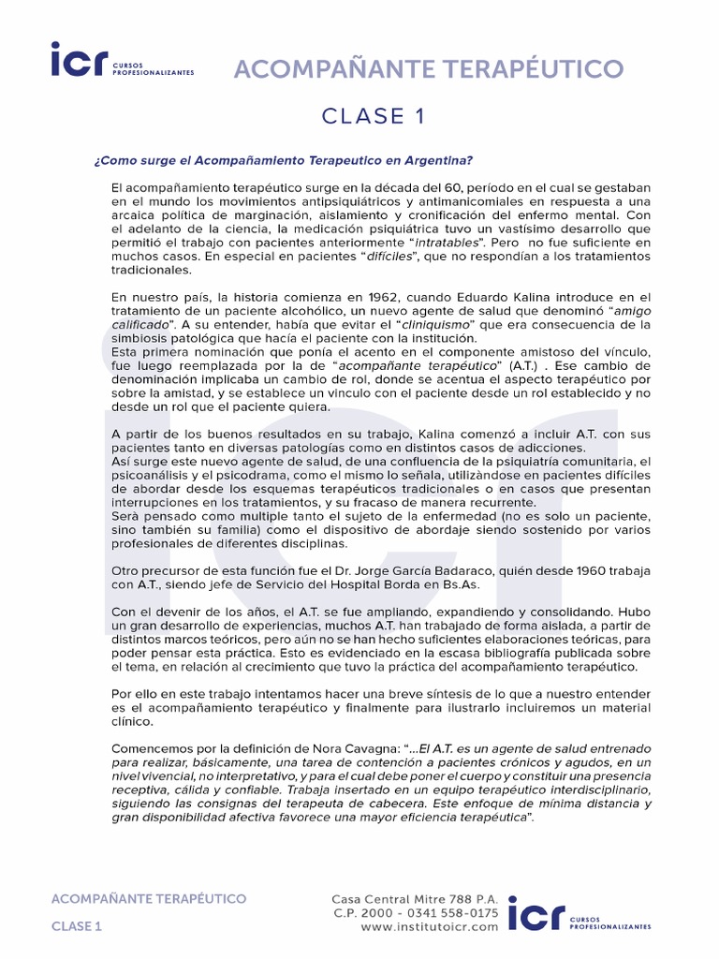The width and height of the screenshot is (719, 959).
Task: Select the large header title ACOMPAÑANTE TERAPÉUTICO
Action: click(x=427, y=68)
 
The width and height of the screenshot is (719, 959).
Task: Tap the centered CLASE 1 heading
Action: click(x=359, y=116)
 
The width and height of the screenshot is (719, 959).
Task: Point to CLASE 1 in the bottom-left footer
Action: click(x=76, y=926)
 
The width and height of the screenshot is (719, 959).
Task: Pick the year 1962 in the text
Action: click(x=359, y=298)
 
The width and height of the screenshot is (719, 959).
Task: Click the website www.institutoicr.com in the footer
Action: click(x=429, y=926)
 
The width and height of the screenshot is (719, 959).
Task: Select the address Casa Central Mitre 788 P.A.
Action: click(x=416, y=897)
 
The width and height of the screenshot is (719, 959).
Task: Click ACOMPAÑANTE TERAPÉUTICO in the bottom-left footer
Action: click(x=148, y=898)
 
